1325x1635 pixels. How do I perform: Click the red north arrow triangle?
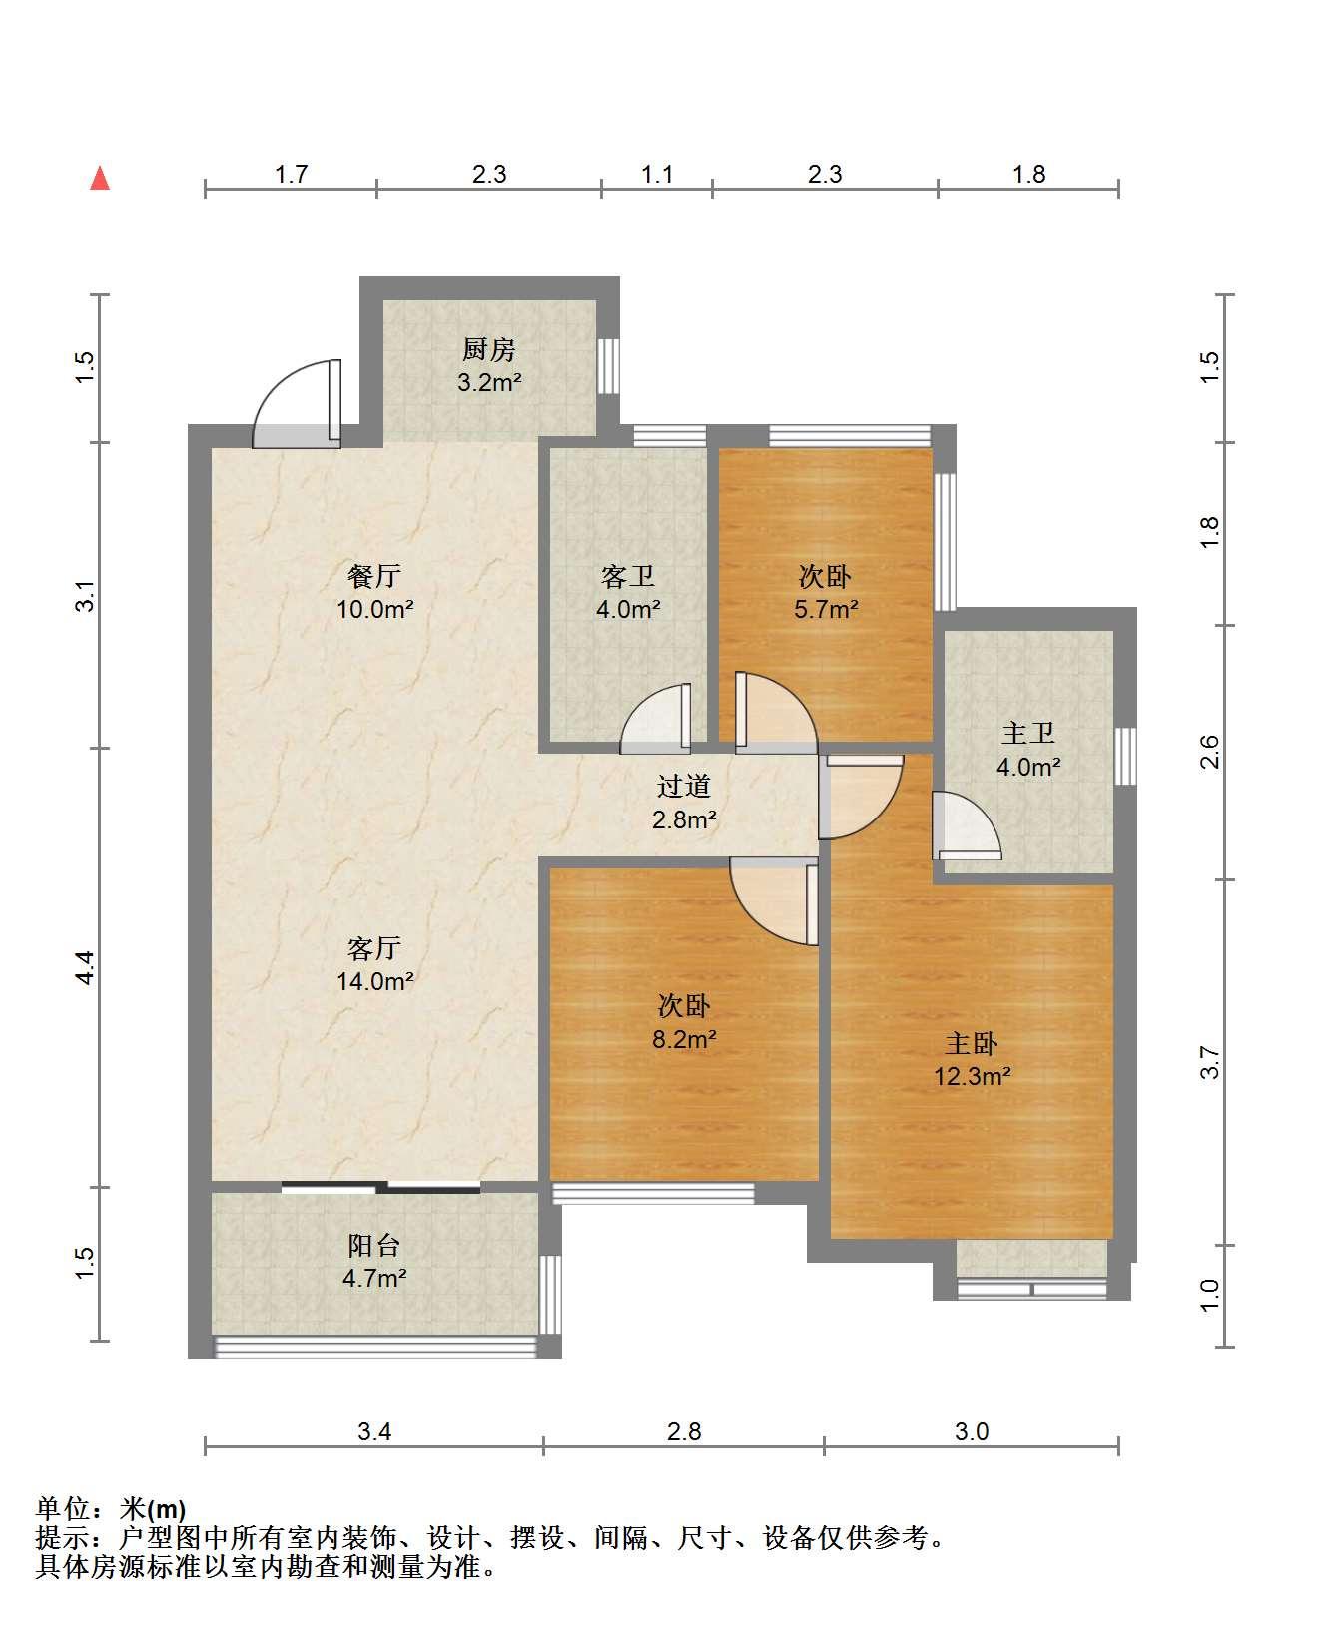(100, 179)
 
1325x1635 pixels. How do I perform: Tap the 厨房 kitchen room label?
(489, 350)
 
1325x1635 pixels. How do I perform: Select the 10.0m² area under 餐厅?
(374, 609)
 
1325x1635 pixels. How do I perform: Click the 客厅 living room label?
(374, 948)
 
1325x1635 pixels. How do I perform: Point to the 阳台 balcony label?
(374, 1245)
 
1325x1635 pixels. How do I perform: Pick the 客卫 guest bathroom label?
(628, 576)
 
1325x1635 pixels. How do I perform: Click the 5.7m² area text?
(826, 609)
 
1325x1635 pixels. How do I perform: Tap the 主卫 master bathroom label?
(1028, 734)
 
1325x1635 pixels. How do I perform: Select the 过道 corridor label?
(684, 787)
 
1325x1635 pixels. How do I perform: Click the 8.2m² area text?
(684, 1039)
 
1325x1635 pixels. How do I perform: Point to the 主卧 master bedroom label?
(972, 1043)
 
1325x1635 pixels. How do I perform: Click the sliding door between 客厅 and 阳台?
(380, 1187)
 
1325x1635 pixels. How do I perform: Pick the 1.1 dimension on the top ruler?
(657, 175)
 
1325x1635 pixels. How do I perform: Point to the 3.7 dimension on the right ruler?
(1210, 1062)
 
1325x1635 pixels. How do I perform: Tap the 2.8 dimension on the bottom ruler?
(684, 1432)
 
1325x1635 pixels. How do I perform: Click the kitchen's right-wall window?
(608, 366)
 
